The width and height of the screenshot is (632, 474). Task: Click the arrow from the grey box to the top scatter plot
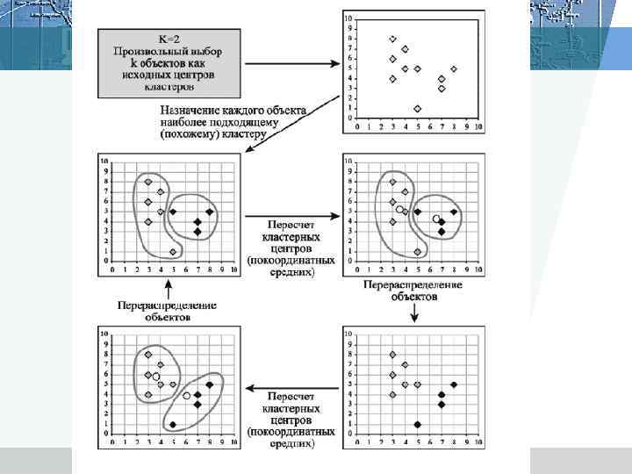(290, 63)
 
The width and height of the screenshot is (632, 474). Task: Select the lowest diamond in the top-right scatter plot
(417, 109)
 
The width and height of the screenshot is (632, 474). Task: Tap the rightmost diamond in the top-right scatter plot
(454, 68)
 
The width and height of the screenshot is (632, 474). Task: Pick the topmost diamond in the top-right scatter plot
(392, 39)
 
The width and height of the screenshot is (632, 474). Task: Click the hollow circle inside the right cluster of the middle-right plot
(436, 219)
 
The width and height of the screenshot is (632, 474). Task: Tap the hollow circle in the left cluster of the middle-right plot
(399, 209)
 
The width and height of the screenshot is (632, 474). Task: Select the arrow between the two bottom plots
(290, 386)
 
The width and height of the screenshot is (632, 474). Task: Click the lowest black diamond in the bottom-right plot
(417, 425)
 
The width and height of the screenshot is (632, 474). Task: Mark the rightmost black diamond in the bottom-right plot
(454, 384)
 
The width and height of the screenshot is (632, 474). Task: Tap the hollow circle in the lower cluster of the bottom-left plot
(187, 395)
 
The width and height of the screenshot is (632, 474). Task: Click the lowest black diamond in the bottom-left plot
(173, 425)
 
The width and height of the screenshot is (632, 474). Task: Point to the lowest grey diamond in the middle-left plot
(174, 252)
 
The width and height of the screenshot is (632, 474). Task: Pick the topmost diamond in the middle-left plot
(148, 182)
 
